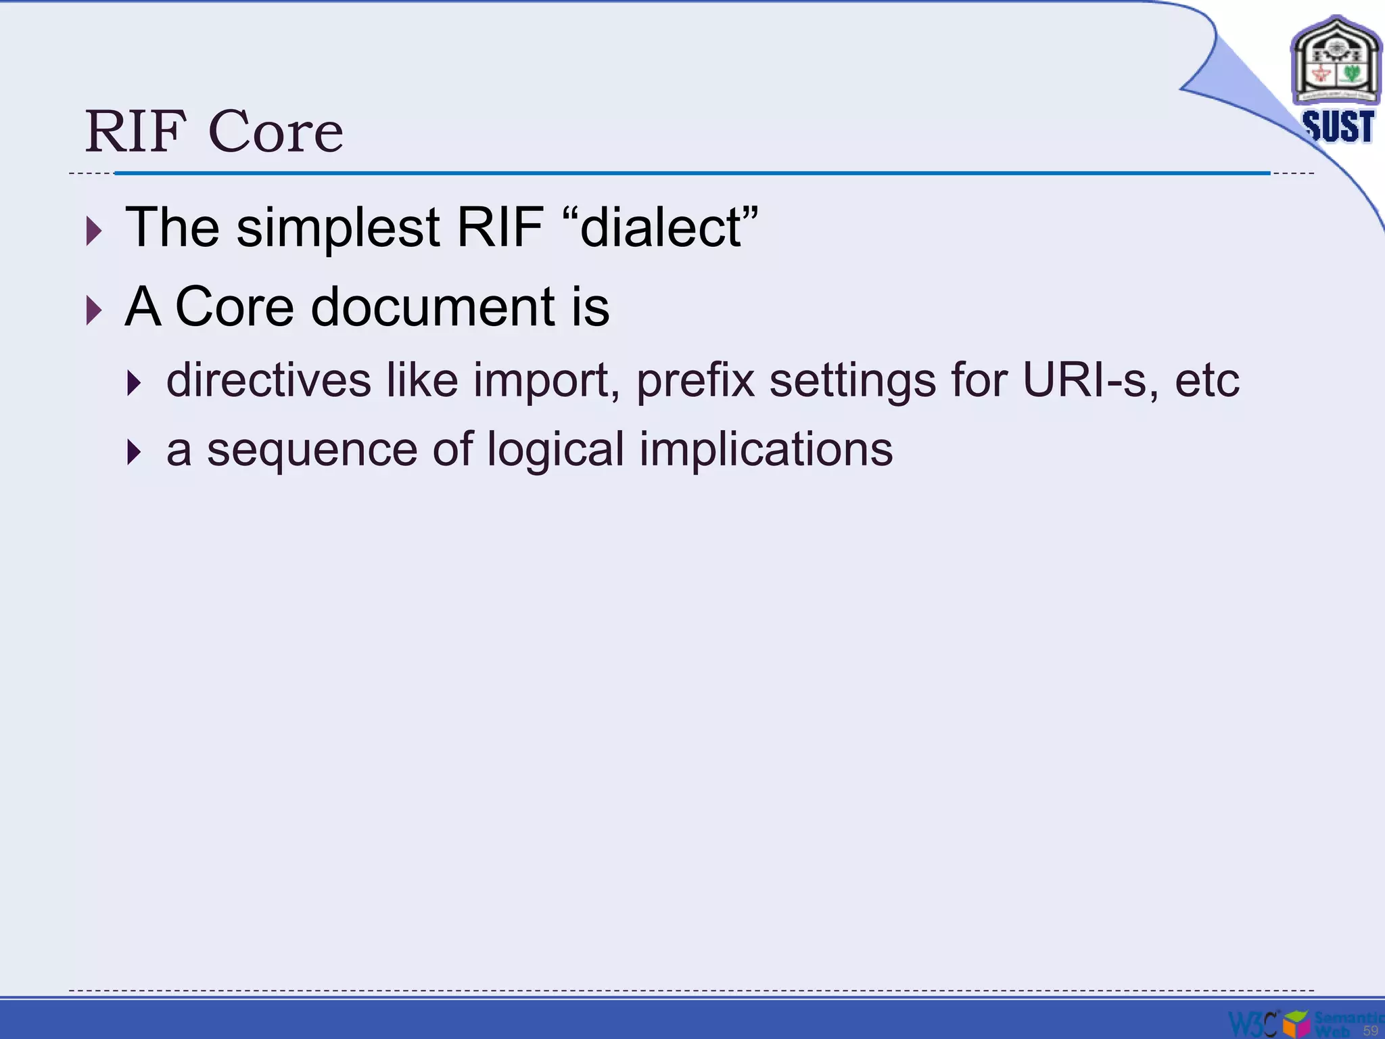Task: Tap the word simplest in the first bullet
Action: tap(338, 227)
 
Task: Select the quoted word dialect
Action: tap(661, 227)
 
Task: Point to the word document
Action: tap(433, 307)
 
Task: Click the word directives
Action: tap(268, 380)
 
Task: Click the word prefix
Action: tap(695, 380)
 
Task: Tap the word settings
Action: tap(853, 380)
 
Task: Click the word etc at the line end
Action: tap(1206, 380)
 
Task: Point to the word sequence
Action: tap(312, 450)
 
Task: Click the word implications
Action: tap(766, 450)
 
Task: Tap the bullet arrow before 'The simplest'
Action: tap(95, 231)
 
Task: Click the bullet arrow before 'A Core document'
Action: tap(95, 311)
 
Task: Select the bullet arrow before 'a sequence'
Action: tap(135, 453)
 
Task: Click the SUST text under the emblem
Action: tap(1338, 126)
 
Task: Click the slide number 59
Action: tap(1370, 1030)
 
